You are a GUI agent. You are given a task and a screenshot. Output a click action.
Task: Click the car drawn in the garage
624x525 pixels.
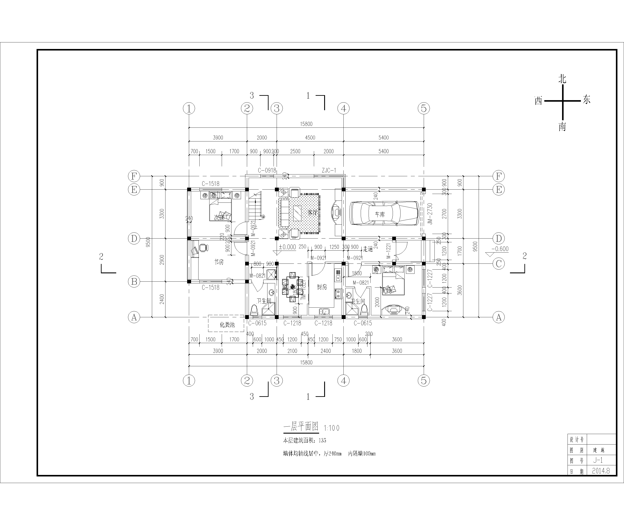tap(385, 214)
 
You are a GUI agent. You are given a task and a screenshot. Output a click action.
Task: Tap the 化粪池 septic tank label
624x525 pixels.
tap(227, 325)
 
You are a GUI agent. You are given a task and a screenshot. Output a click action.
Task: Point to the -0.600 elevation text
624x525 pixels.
tap(500, 249)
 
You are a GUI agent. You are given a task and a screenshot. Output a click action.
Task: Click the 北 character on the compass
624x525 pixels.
tap(562, 79)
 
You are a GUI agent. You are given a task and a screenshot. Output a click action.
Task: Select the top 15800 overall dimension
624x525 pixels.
tap(306, 124)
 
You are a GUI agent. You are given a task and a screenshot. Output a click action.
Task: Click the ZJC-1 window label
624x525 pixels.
tap(329, 170)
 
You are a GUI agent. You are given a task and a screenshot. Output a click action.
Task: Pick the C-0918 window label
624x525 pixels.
tap(267, 170)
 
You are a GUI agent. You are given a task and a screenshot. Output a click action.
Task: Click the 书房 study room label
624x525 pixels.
tap(219, 262)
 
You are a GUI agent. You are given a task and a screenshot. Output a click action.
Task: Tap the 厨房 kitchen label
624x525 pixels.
tap(322, 287)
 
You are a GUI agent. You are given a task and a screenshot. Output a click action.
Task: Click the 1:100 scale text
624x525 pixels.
tap(332, 428)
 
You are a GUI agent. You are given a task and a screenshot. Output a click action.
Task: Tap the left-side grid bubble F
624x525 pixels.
tap(134, 176)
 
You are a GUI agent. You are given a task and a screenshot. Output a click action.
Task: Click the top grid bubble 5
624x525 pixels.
tap(424, 108)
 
